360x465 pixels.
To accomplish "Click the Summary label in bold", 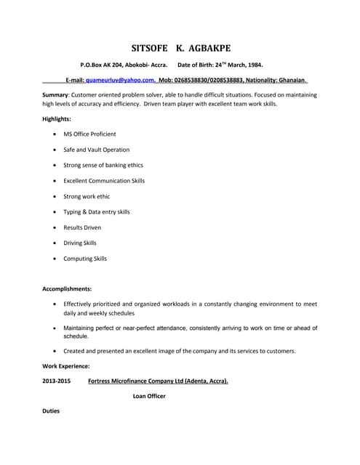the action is (55, 95).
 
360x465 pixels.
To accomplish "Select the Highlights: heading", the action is (57, 118).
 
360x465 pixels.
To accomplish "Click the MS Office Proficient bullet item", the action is (89, 134).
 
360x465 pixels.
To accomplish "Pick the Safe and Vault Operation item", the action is (96, 150).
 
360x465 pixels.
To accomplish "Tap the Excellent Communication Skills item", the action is (104, 181).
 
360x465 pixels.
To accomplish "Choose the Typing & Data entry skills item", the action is (97, 212).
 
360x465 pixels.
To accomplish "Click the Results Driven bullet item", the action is (82, 227).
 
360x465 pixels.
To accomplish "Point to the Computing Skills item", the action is (85, 259).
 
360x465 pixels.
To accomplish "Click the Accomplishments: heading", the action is (67, 288).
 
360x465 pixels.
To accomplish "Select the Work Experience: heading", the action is (66, 366).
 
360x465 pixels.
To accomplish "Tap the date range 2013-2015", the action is (57, 381).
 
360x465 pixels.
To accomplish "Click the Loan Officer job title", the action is (149, 396).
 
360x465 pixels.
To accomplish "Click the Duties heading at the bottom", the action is (51, 412).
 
